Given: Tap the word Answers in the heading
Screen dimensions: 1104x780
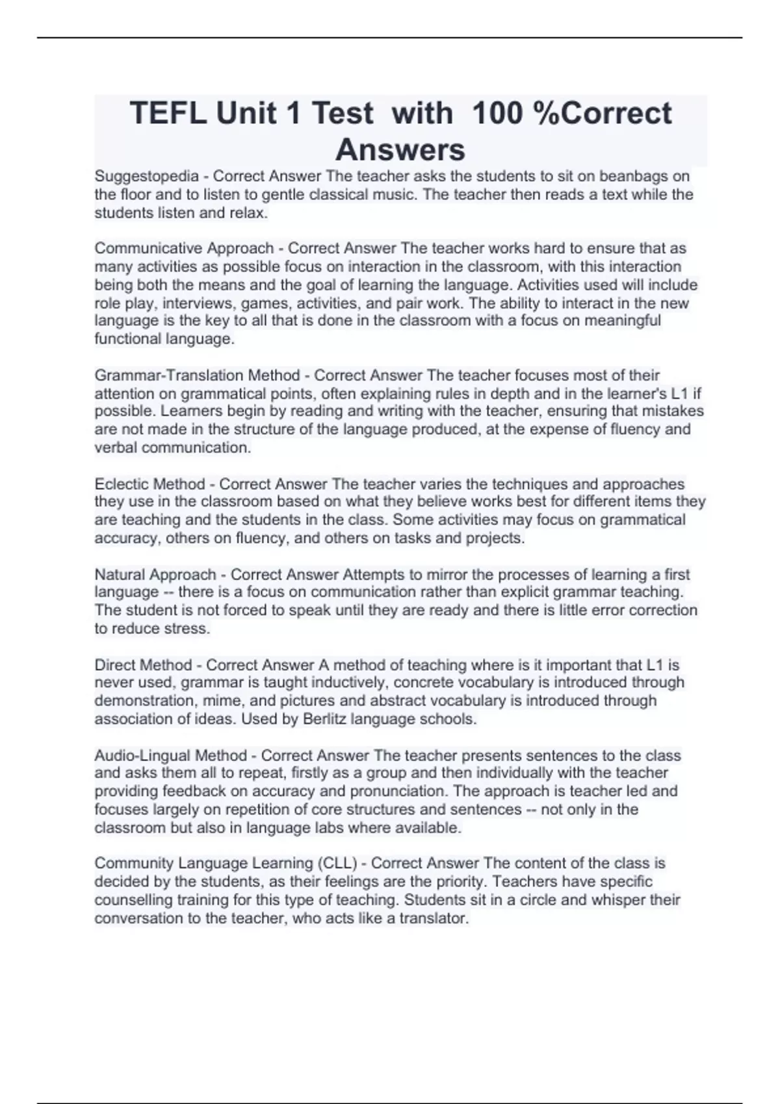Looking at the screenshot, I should (x=400, y=150).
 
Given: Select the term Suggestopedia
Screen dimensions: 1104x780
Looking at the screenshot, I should (x=147, y=176).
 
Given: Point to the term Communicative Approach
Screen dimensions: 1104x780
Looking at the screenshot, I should (x=184, y=248).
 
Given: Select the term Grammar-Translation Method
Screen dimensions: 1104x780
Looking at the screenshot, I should (x=197, y=375).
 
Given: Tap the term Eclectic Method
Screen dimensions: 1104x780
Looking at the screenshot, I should (x=149, y=484).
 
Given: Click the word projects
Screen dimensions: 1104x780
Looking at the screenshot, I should (x=495, y=538).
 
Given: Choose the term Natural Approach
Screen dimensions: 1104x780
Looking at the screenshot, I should (x=155, y=575).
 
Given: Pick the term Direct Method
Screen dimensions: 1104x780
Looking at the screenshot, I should (x=143, y=665).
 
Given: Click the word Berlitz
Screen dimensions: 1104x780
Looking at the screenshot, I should (x=326, y=719).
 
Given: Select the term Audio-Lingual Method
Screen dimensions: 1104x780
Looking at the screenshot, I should (x=170, y=755).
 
